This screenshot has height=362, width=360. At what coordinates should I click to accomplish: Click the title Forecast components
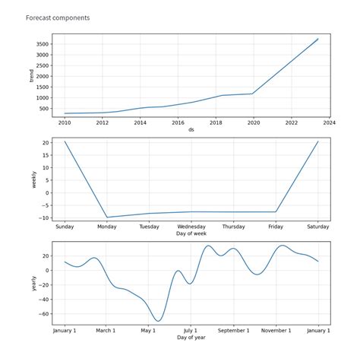57,17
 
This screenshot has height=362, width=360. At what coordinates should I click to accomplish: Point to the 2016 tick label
178,122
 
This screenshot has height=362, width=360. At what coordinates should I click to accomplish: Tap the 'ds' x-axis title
191,129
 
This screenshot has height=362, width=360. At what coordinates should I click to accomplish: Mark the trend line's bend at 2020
252,94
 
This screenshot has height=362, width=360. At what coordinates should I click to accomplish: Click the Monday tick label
107,227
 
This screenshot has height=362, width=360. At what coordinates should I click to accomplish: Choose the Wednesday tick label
191,227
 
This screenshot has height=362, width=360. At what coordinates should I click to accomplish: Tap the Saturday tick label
318,227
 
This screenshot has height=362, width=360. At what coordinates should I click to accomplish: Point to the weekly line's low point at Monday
107,218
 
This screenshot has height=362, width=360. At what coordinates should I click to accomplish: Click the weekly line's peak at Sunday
65,141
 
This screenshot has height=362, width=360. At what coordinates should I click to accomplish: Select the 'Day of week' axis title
191,233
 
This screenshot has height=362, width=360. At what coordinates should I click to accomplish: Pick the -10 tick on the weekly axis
44,218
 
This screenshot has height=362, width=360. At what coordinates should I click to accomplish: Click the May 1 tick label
149,331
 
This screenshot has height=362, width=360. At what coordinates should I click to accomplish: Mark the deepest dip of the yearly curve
157,320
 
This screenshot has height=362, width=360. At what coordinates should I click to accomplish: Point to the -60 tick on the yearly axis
43,313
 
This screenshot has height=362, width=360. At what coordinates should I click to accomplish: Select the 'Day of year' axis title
191,338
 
